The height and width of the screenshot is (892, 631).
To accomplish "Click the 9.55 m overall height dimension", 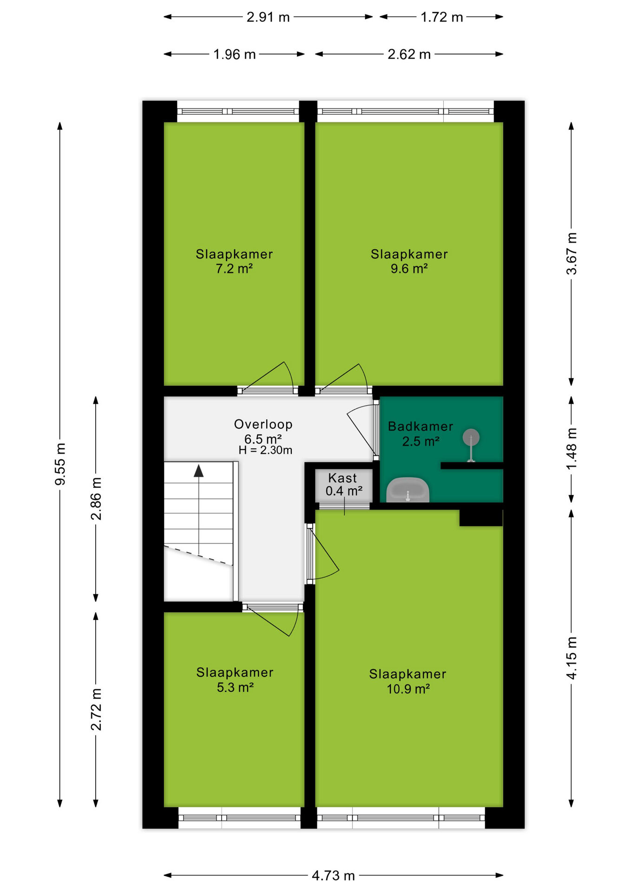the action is [x=60, y=464].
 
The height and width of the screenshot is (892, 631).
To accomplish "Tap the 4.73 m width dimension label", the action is [x=333, y=876].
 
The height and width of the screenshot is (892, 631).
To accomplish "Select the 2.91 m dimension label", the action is [x=268, y=17].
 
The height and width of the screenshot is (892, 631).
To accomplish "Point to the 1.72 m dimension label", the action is [x=441, y=17].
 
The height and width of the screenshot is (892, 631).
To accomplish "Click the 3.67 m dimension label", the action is [x=572, y=254].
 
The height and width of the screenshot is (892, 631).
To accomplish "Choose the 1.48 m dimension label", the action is [x=572, y=449].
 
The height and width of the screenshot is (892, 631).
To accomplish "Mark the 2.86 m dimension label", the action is [x=96, y=498].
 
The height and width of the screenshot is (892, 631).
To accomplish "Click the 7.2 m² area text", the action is [x=234, y=269].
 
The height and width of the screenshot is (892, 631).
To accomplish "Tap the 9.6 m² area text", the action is [x=409, y=269].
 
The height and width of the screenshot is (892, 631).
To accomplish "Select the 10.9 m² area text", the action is [x=408, y=689].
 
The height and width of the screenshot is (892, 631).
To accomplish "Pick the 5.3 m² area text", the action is [x=235, y=687].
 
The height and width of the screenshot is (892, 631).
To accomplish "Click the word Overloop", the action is [x=263, y=424].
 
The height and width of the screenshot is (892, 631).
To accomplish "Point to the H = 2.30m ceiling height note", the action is [x=265, y=450].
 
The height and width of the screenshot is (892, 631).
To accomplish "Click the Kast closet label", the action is [x=342, y=478].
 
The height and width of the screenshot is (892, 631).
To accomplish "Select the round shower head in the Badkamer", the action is [x=471, y=437].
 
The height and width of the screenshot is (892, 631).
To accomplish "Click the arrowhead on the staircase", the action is [x=199, y=471].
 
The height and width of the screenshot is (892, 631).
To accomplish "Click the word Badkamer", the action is [x=421, y=426].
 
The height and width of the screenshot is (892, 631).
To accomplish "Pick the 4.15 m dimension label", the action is [x=572, y=658].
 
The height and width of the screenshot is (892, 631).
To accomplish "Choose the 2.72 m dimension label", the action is [x=96, y=709].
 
